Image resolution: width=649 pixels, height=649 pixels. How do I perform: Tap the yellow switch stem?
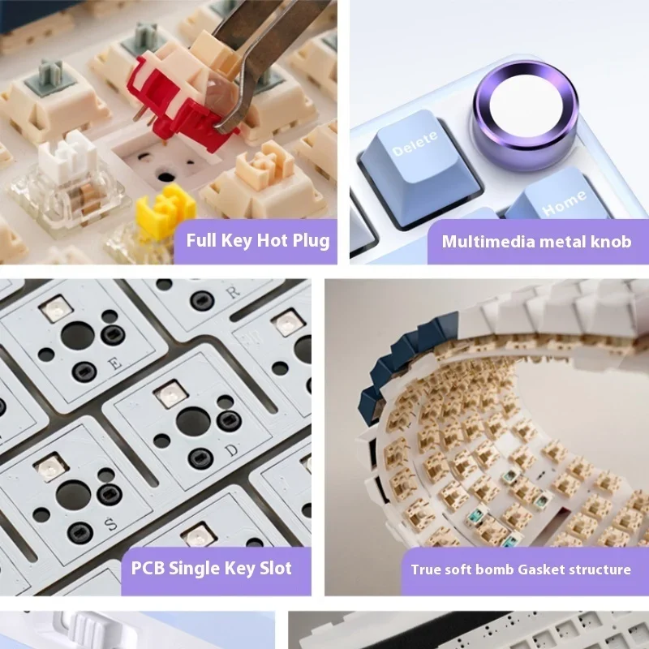tap(165, 210)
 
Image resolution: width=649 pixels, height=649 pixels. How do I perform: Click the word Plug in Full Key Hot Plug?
tap(311, 241)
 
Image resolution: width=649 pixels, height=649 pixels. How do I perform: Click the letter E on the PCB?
tap(114, 363)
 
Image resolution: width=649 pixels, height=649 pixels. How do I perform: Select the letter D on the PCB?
tap(233, 449)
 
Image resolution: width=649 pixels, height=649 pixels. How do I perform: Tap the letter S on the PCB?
tap(110, 524)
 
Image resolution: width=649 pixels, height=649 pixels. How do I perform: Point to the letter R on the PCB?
tap(233, 292)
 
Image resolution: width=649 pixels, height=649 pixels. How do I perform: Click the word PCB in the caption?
tap(148, 568)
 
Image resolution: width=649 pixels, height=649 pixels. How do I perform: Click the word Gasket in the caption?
tap(541, 569)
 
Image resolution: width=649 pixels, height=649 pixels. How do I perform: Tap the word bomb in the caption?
tap(495, 569)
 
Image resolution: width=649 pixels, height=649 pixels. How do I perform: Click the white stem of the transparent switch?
tap(67, 157)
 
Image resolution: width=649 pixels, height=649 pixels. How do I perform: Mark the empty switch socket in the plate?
tap(165, 165)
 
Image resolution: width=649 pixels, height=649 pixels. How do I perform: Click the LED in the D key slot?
tap(171, 393)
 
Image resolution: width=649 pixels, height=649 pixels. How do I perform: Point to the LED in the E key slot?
tap(56, 308)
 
